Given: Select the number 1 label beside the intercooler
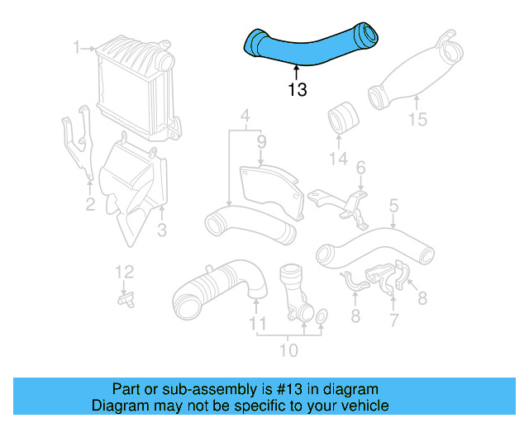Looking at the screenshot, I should click(77, 48).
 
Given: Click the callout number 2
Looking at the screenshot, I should click(90, 203).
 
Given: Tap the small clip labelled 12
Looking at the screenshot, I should click(126, 301).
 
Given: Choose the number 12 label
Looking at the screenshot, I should click(123, 271).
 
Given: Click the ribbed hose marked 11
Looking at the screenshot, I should click(219, 286).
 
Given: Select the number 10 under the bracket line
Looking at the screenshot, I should click(288, 350).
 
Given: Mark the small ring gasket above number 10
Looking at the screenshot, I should click(322, 315).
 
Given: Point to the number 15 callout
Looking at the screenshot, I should click(417, 120).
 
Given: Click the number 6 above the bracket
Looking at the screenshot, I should click(360, 169).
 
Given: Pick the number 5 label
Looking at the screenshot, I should click(393, 205).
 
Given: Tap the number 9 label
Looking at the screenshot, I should click(260, 142).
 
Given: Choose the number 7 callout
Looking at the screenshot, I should click(393, 319).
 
